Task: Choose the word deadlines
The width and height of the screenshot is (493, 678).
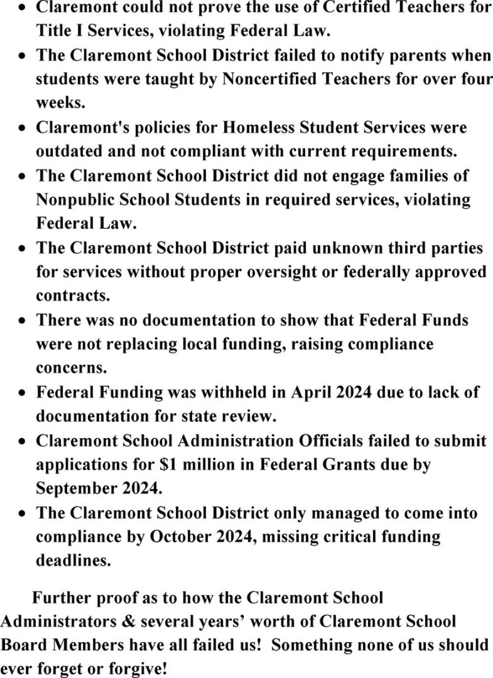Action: (x=73, y=561)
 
